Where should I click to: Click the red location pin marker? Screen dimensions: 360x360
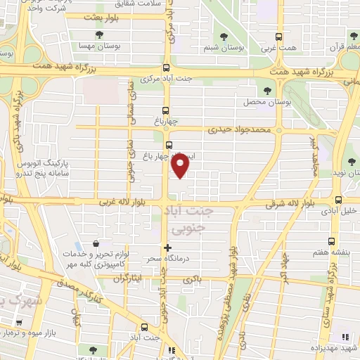[x=181, y=166]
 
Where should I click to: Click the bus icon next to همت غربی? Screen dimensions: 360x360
[x=279, y=37]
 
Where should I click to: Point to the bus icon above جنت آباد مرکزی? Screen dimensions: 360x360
[x=166, y=68]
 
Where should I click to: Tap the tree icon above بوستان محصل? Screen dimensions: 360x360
[x=267, y=91]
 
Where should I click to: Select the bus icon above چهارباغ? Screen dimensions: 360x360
[x=167, y=110]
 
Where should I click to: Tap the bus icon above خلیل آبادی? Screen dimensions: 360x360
[x=339, y=200]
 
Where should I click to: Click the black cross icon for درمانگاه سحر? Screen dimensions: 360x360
[x=167, y=247]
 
